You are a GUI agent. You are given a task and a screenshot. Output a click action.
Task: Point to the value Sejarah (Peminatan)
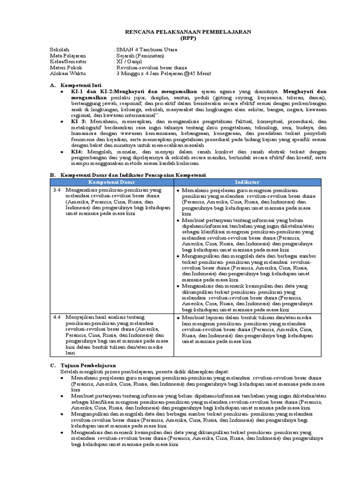[x=140, y=55]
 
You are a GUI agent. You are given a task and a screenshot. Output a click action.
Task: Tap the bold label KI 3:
[x=79, y=121]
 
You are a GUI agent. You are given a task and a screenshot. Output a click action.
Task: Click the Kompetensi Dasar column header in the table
[x=112, y=181]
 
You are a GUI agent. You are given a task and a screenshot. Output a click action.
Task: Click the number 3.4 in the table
[x=57, y=190]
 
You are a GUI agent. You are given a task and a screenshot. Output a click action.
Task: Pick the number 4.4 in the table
[x=57, y=317]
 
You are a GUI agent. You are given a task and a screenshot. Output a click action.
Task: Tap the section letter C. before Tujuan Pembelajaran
[x=52, y=365]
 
